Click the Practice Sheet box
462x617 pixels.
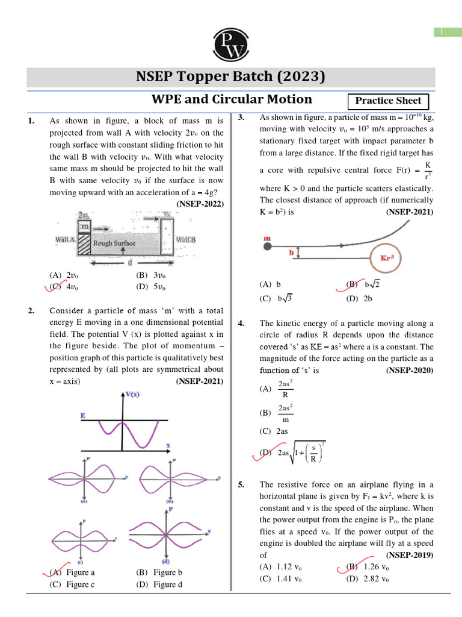pos(389,101)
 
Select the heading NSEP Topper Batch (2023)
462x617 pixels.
pos(231,77)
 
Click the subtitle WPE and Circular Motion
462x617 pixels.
pos(231,99)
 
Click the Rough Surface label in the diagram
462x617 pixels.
pos(114,243)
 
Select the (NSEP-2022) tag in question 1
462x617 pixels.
pos(200,204)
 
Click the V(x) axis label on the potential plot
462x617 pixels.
pos(132,395)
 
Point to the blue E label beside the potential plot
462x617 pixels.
pos(82,416)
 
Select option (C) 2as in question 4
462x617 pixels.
pos(274,431)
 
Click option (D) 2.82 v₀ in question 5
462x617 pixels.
pos(368,579)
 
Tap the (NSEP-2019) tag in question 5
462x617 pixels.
pos(410,555)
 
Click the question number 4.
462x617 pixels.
pos(241,324)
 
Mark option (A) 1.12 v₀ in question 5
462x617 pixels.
pos(281,567)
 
